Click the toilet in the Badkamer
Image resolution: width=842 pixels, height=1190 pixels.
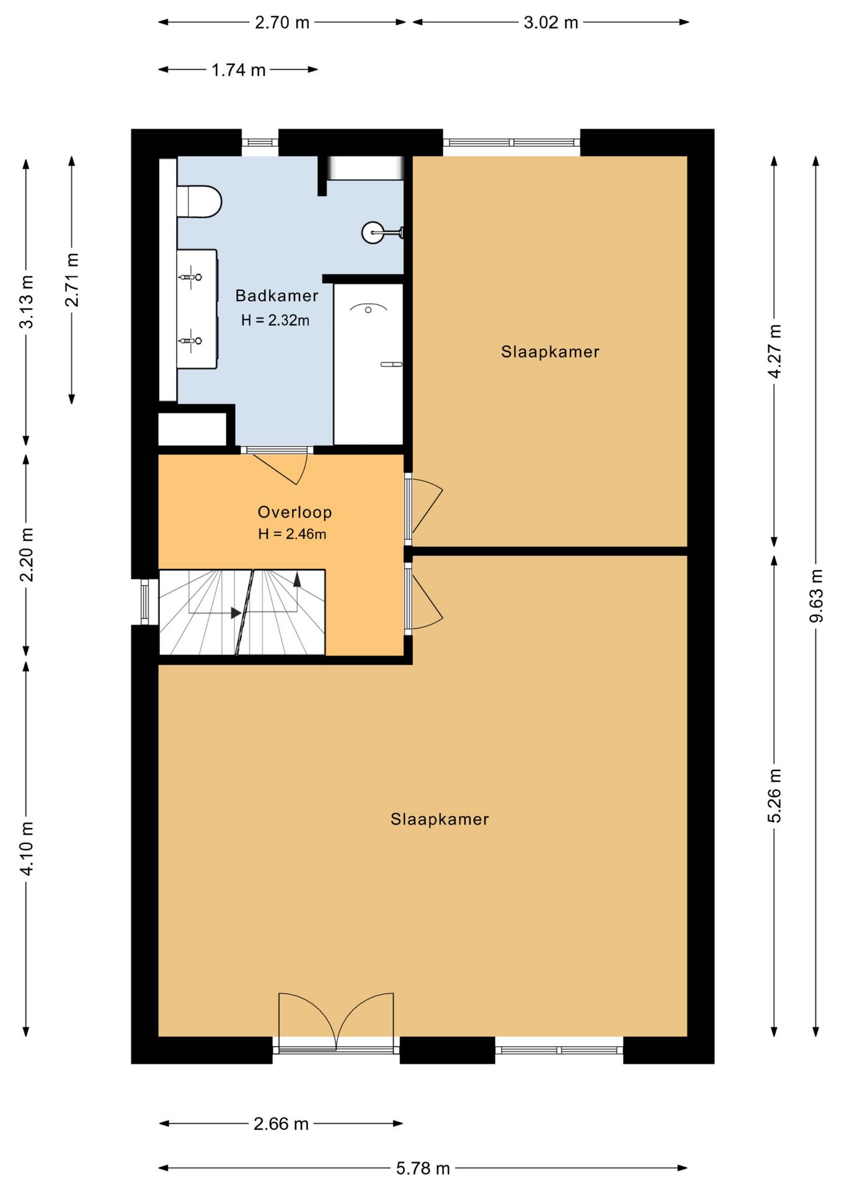point(199,201)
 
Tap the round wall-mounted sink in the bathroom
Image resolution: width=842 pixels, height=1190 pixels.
point(373,232)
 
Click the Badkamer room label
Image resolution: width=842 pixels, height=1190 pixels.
point(277,296)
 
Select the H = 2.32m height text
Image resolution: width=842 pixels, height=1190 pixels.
point(275,320)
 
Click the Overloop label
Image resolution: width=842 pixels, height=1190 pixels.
point(295,512)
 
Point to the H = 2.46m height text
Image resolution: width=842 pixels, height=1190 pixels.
point(292,534)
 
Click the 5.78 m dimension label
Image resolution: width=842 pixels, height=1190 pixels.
point(423,1168)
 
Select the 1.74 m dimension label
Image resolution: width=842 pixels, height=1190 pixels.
point(238,70)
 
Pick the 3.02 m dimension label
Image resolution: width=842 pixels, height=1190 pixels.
point(551,23)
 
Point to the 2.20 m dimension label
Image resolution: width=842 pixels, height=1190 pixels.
point(27,555)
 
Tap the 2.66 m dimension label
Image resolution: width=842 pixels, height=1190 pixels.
point(281,1124)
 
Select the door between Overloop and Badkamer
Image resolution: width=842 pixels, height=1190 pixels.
point(277,466)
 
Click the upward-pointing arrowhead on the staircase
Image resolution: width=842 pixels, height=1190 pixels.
point(297,580)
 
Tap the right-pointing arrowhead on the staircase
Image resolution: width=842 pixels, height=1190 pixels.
point(236,613)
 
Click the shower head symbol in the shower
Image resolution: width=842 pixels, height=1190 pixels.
point(368,307)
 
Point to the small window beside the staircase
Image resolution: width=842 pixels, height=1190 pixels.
point(145,602)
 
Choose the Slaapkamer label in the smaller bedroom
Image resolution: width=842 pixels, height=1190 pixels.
point(550,352)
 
